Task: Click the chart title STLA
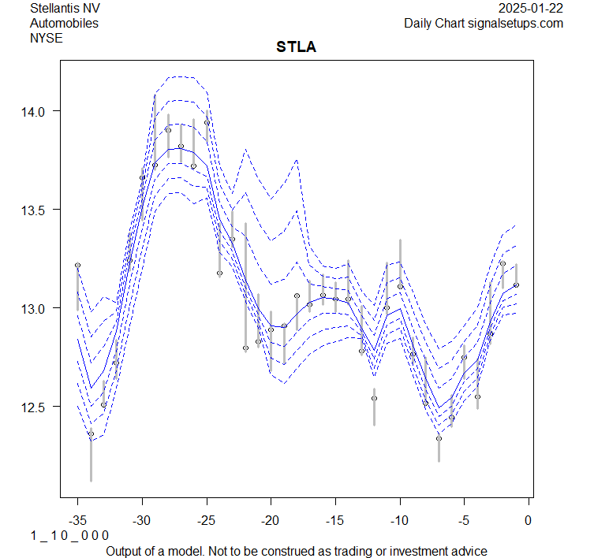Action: (296, 47)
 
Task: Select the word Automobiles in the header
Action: (64, 24)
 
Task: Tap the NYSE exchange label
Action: (45, 38)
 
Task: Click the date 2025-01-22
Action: (531, 9)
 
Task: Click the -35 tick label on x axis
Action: (77, 519)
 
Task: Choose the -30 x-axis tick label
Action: (142, 519)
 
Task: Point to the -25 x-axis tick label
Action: (206, 519)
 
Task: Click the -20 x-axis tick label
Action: (271, 519)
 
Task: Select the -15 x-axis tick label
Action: (334, 519)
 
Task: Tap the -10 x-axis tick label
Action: (399, 519)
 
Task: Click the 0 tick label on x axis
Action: (528, 519)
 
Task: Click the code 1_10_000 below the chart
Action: (69, 536)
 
